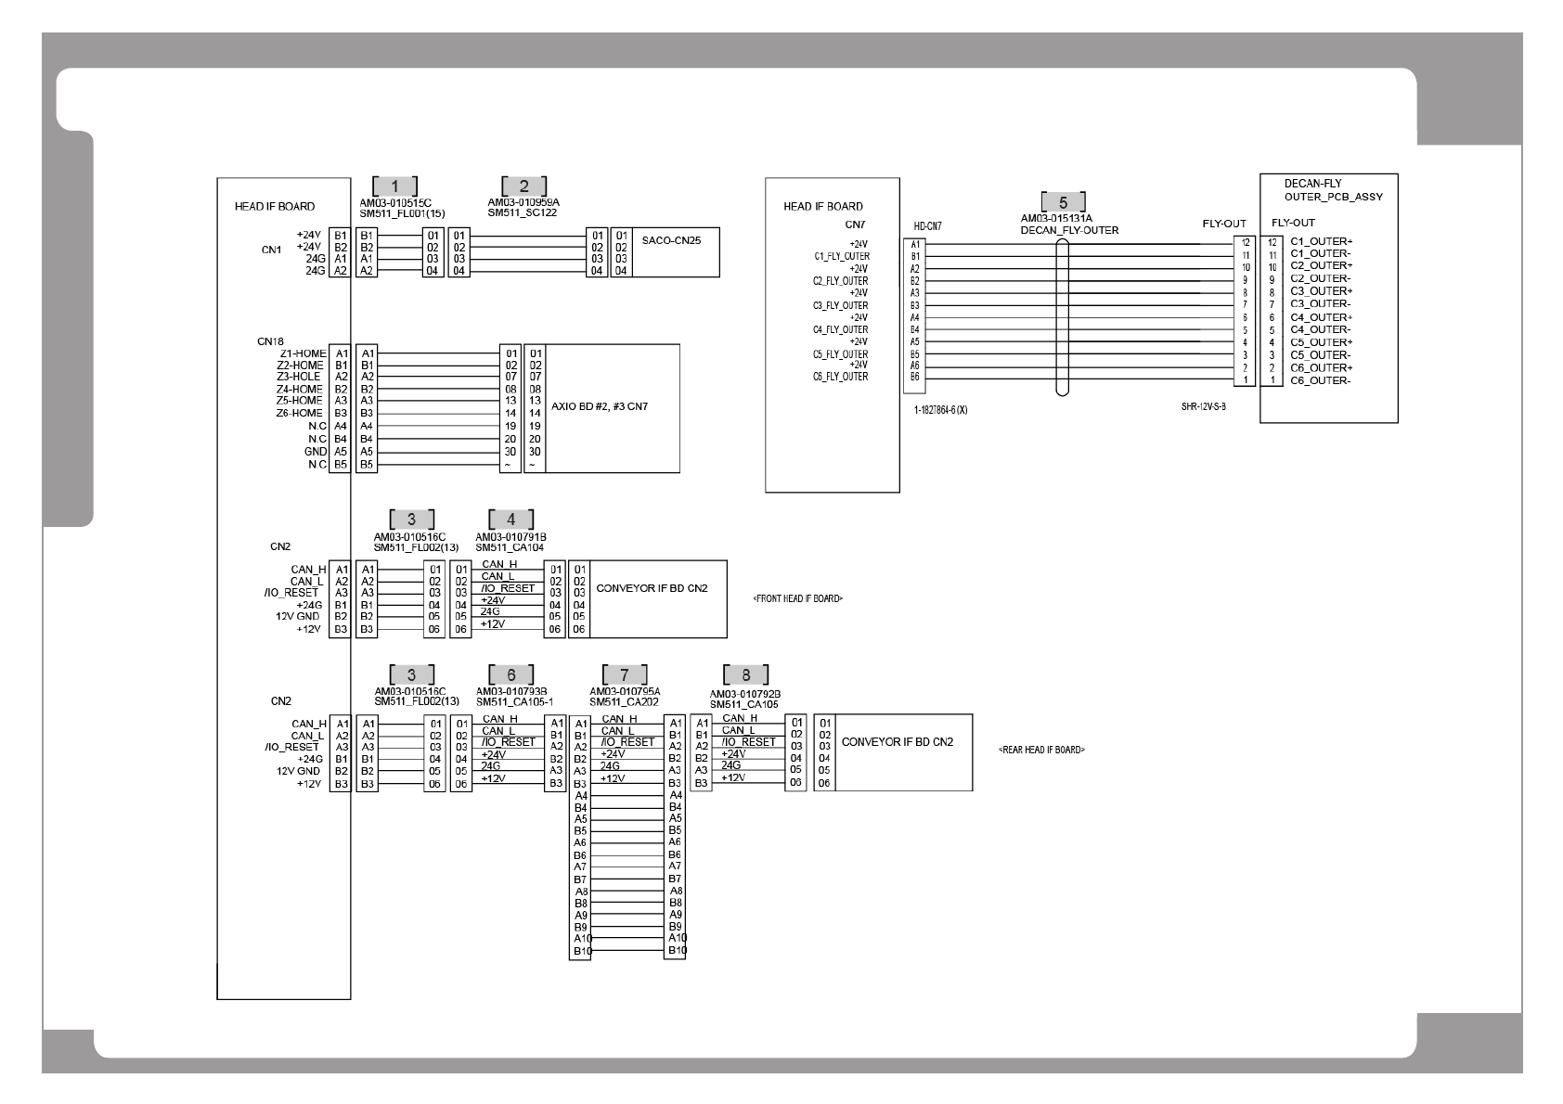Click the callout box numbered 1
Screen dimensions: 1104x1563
click(x=394, y=186)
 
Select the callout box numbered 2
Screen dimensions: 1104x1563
click(x=523, y=186)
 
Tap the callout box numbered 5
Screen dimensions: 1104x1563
click(x=1063, y=202)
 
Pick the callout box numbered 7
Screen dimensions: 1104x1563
click(x=625, y=675)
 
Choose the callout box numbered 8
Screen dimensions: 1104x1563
click(x=745, y=675)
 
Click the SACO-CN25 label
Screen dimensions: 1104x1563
click(x=671, y=240)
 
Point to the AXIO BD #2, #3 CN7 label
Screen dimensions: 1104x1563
click(x=600, y=406)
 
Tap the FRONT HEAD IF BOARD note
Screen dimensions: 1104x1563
click(x=798, y=599)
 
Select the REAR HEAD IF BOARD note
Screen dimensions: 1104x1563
click(x=1041, y=750)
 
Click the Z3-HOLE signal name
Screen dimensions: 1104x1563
click(x=299, y=377)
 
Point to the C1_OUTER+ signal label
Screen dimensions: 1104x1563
click(x=1321, y=241)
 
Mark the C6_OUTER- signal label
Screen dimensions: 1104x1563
click(x=1320, y=380)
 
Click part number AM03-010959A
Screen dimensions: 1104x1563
click(x=523, y=201)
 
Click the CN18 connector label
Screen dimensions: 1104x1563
click(x=270, y=341)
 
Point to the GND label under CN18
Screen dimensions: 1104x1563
click(x=316, y=452)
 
